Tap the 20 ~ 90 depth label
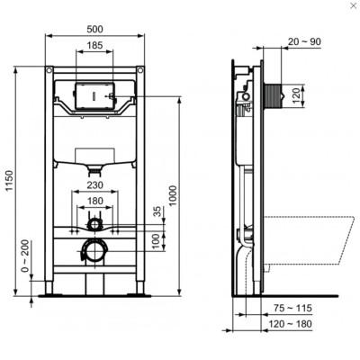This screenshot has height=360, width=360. [302, 40]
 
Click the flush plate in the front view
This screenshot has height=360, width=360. [90, 94]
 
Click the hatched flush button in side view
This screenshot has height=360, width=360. [274, 92]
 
